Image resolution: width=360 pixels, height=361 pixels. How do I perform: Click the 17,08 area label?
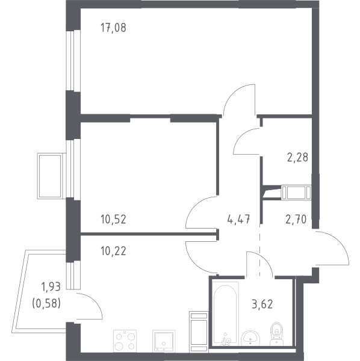click(x=113, y=28)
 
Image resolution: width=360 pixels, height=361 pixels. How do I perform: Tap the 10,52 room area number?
click(x=113, y=220)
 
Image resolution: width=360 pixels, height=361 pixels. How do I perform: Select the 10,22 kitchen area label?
click(x=113, y=251)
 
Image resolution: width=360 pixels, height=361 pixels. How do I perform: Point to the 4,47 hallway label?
click(x=238, y=219)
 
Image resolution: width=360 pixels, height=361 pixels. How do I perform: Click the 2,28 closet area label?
click(x=297, y=158)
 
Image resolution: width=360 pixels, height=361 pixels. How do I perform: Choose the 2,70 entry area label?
click(x=296, y=219)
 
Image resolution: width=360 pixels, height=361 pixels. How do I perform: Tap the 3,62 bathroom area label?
click(x=262, y=304)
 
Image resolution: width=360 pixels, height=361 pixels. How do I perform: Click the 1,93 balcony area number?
click(x=51, y=287)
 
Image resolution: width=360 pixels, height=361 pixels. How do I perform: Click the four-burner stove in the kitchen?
click(x=125, y=341)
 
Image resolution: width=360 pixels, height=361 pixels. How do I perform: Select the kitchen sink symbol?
click(x=164, y=341)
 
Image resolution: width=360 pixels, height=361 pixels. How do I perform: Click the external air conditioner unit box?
click(x=50, y=176)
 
